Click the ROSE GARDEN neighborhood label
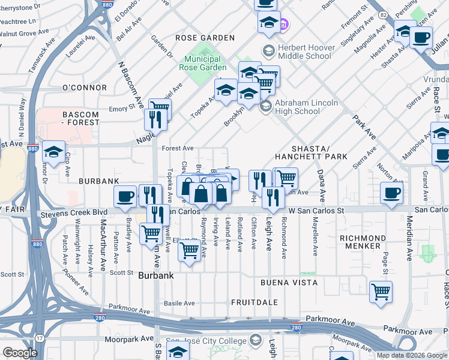pyautogui.click(x=205, y=38)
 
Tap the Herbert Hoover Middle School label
pyautogui.click(x=304, y=52)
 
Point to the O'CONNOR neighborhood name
pyautogui.click(x=84, y=88)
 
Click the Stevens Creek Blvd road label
pyautogui.click(x=74, y=213)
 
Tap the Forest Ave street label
pyautogui.click(x=178, y=148)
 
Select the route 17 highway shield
pyautogui.click(x=40, y=339)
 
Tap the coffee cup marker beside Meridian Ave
pyautogui.click(x=391, y=193)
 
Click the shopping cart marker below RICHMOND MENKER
pyautogui.click(x=381, y=292)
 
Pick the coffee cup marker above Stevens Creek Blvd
pyautogui.click(x=125, y=196)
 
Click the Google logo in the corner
pyautogui.click(x=20, y=353)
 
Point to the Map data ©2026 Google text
pyautogui.click(x=411, y=355)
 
